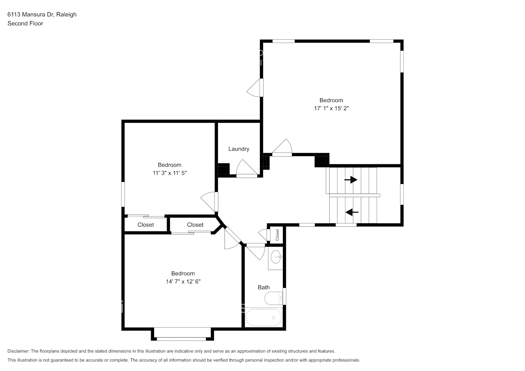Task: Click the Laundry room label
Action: pos(239,149)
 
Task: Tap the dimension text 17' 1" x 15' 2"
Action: pos(331,108)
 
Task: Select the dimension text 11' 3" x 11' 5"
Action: pos(170,173)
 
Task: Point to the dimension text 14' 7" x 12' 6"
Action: pos(183,282)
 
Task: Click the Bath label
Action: pos(264,287)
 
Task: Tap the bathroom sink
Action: pos(276,256)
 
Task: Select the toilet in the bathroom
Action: pos(273,298)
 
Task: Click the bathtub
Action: pos(264,318)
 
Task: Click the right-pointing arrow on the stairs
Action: pos(351,180)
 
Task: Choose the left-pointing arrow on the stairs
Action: pos(352,212)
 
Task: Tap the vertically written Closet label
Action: pos(277,235)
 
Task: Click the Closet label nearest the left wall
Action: pos(146,225)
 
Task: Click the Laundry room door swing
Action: pos(246,168)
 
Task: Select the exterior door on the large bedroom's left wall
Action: pos(256,88)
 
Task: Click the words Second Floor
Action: pos(25,23)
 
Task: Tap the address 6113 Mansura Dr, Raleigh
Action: pos(42,14)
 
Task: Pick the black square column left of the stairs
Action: pos(322,160)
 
